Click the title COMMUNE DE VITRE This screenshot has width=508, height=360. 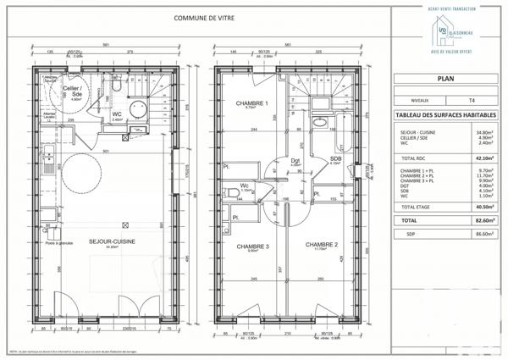coord(206,17)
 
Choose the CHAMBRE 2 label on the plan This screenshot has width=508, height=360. coord(323,244)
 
